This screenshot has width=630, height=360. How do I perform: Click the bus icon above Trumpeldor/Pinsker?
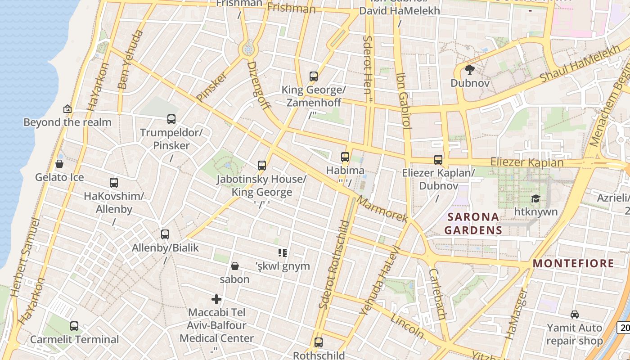click(x=171, y=119)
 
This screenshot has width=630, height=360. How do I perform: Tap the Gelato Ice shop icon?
click(x=59, y=164)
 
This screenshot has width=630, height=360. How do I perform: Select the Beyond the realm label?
click(x=67, y=122)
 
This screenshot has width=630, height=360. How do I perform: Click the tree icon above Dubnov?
click(x=470, y=70)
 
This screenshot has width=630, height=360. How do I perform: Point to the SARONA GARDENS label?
click(x=473, y=224)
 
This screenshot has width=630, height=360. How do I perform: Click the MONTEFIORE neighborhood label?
click(x=573, y=264)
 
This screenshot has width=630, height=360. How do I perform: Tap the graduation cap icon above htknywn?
click(x=535, y=198)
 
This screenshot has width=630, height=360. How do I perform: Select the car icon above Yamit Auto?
click(x=574, y=314)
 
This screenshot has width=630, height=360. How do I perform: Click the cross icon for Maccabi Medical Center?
click(x=216, y=299)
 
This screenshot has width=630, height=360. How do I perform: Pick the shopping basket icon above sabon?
click(x=234, y=266)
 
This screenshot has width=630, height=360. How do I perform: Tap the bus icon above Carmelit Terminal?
click(x=74, y=326)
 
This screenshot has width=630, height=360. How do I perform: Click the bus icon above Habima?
click(x=345, y=157)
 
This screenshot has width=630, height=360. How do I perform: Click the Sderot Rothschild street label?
click(x=334, y=264)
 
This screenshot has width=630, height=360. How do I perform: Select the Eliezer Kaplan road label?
click(x=526, y=162)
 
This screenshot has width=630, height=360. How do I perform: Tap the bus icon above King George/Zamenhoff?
click(x=314, y=76)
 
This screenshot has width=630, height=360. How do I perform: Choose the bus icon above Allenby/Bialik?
click(x=165, y=234)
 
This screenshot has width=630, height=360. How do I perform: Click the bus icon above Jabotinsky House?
click(x=262, y=166)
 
